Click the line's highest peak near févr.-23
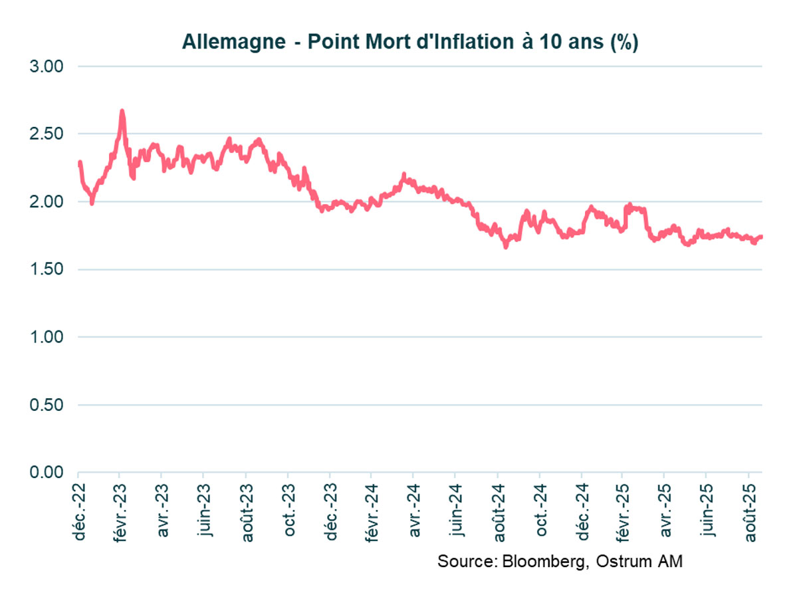click(122, 111)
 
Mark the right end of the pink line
click(761, 237)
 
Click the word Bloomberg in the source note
click(546, 562)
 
